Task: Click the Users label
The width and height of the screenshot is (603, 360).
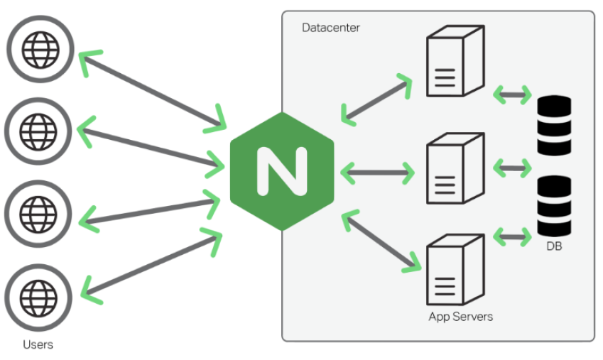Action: click(x=38, y=345)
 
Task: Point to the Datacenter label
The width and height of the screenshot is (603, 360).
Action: click(x=330, y=28)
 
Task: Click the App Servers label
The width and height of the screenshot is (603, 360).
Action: click(x=460, y=316)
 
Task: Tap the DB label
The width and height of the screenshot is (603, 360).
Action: click(x=554, y=246)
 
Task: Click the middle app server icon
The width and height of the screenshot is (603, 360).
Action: click(x=455, y=170)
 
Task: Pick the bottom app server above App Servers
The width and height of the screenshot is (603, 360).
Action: click(x=455, y=270)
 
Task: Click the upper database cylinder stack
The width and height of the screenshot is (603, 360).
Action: click(x=554, y=126)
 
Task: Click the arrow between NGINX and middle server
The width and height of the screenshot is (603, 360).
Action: click(x=377, y=171)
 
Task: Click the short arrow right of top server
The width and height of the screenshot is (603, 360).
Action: click(x=512, y=93)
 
